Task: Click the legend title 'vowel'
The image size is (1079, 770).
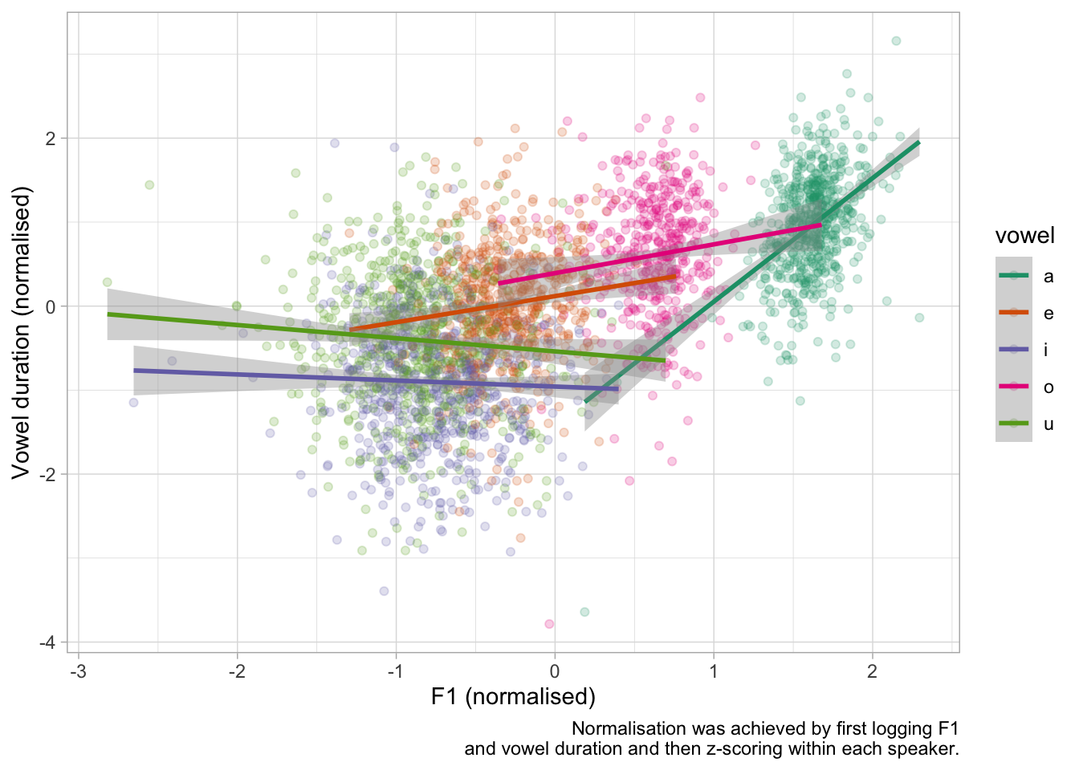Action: [1024, 235]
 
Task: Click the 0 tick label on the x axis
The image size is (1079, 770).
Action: [555, 671]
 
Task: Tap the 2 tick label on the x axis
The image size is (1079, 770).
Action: [872, 671]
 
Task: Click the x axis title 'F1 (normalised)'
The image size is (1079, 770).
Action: [513, 696]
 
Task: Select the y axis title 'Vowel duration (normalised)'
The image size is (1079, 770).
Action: [22, 332]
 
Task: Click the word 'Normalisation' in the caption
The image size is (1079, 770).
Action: [631, 728]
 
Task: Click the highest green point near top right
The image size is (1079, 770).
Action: [896, 41]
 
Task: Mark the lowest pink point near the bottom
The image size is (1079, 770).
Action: [549, 623]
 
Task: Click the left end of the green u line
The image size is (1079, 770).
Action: [108, 314]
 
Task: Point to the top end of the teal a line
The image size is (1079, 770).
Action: [918, 143]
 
